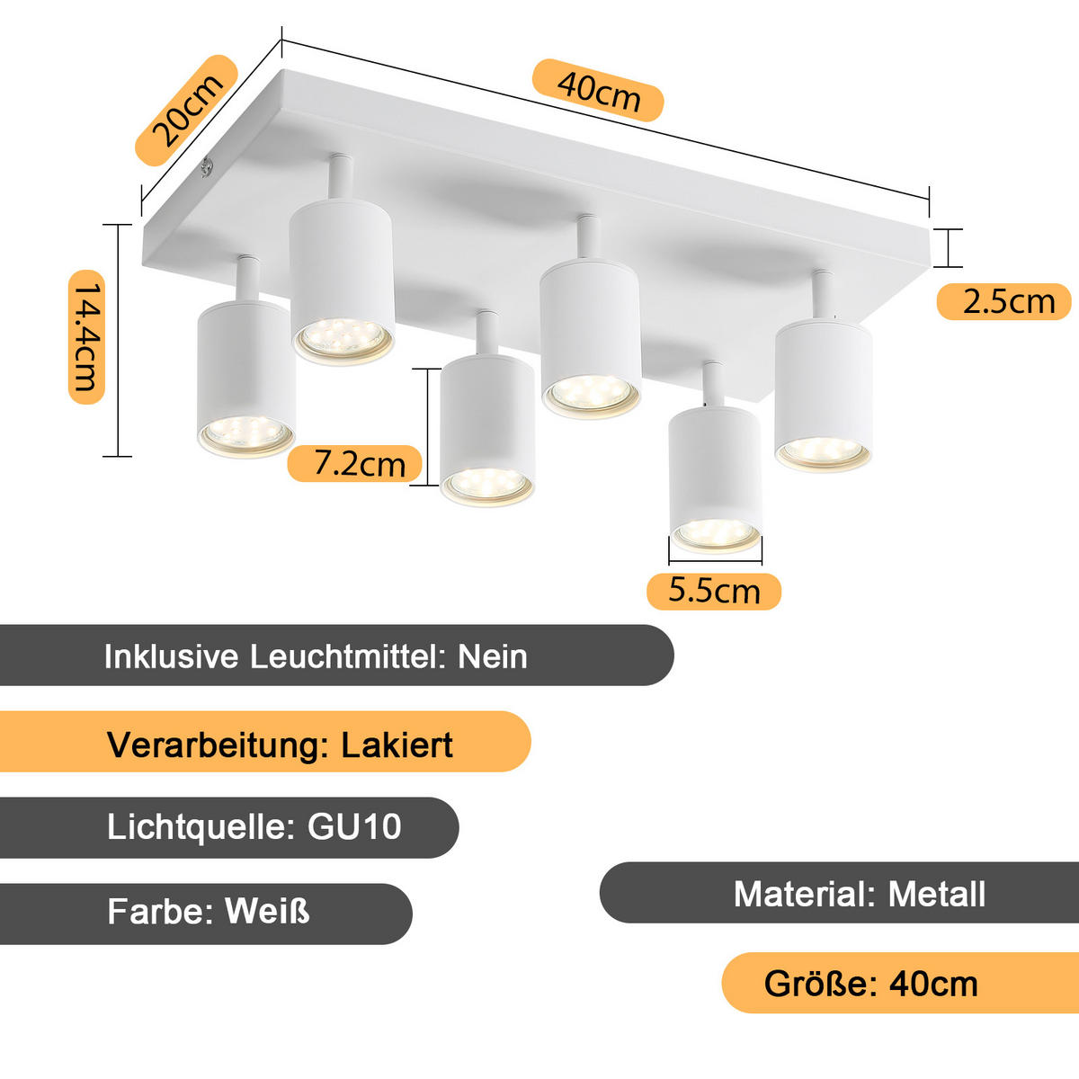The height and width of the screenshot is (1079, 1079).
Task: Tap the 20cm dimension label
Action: coord(186,111)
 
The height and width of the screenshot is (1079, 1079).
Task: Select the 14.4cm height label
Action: coord(87,339)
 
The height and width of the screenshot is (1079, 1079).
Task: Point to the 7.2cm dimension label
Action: coord(358,463)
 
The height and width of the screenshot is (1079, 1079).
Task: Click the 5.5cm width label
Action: coord(714,591)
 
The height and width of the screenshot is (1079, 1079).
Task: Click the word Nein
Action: coord(493,656)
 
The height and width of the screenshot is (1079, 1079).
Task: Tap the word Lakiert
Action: coord(397,745)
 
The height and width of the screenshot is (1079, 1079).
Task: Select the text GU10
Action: coord(354,826)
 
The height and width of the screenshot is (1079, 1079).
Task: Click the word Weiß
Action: coord(267,911)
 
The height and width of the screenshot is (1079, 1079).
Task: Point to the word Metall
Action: coord(937,894)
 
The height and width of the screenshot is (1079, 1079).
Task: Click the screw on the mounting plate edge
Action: coord(208,167)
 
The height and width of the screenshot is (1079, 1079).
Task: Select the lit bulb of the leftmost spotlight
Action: coord(245,435)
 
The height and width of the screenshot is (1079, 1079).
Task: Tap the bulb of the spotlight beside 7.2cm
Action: coord(486,485)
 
